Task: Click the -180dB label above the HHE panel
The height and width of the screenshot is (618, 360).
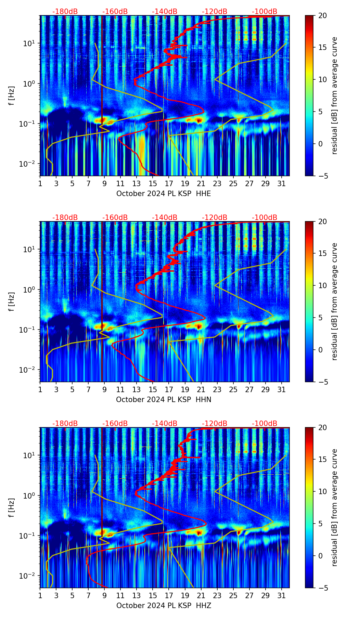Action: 65,12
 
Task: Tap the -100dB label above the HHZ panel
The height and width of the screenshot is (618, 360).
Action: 265,424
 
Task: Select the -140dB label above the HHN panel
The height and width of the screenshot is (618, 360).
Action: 165,218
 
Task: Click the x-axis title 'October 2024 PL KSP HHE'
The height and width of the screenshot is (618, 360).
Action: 164,194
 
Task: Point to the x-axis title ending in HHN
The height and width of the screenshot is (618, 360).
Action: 164,400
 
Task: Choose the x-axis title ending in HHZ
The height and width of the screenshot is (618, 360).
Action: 164,606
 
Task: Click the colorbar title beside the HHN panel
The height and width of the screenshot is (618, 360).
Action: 335,301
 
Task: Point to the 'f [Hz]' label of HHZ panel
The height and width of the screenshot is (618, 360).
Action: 12,507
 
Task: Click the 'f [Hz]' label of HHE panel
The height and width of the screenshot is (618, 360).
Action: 12,95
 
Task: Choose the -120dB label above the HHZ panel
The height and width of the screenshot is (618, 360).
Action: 215,424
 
